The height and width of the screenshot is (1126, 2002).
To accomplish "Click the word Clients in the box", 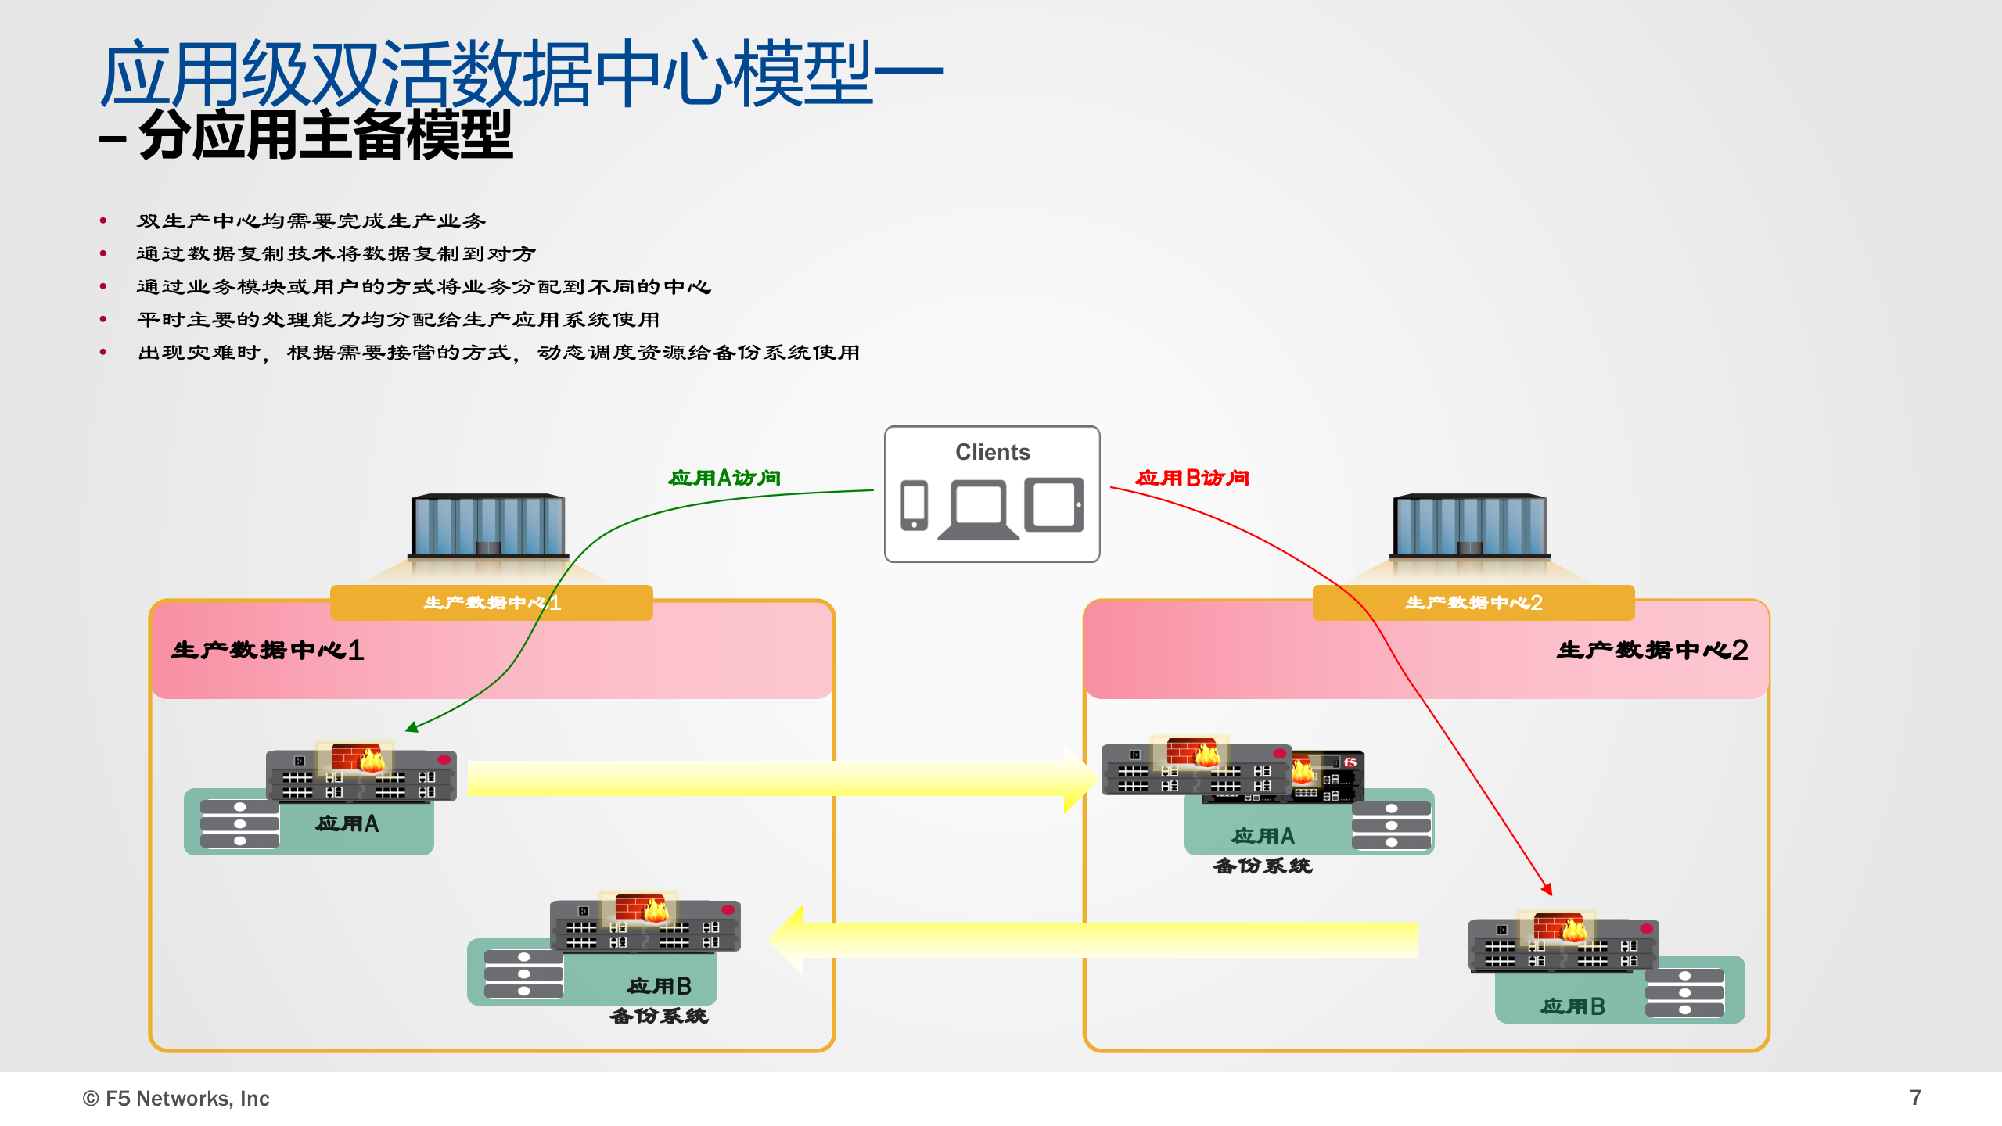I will pos(992,452).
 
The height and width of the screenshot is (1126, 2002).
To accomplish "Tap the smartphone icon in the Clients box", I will pos(914,506).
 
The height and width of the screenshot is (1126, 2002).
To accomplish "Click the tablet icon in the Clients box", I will pos(1054,505).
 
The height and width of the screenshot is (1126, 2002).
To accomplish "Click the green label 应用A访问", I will pos(724,478).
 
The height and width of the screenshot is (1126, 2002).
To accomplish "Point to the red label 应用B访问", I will pos(1192,478).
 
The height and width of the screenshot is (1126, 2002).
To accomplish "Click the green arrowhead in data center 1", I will pos(411,728).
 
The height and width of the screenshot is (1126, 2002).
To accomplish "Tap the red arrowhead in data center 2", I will pos(1547,889).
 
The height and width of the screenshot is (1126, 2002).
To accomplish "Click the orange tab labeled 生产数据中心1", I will pos(491,603).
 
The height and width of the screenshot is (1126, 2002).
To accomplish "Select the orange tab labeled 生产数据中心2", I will pos(1473,603).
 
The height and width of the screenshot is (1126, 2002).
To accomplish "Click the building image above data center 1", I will pos(488,525).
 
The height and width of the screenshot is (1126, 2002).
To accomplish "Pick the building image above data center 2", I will pos(1469,525).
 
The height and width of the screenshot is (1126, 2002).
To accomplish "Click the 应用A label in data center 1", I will pos(347,823).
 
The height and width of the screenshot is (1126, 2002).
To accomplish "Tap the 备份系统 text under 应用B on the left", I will pos(659,1016).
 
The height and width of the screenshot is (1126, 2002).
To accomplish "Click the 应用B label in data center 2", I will pos(1573,1006).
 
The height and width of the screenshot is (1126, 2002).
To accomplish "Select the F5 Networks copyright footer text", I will pos(176,1099).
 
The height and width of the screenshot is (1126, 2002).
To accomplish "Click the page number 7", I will pos(1914,1098).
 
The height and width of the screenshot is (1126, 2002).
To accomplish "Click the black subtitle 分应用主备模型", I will pos(325,135).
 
